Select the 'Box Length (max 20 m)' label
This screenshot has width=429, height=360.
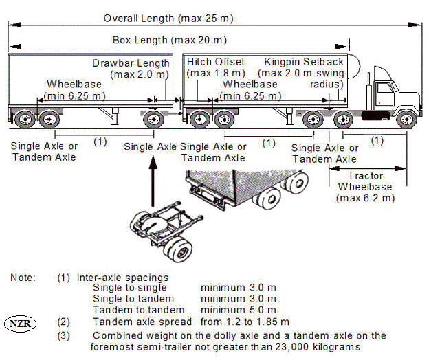pos(170,40)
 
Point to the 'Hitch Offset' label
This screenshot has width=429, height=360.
pos(216,63)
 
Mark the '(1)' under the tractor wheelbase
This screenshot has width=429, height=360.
pos(375,141)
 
